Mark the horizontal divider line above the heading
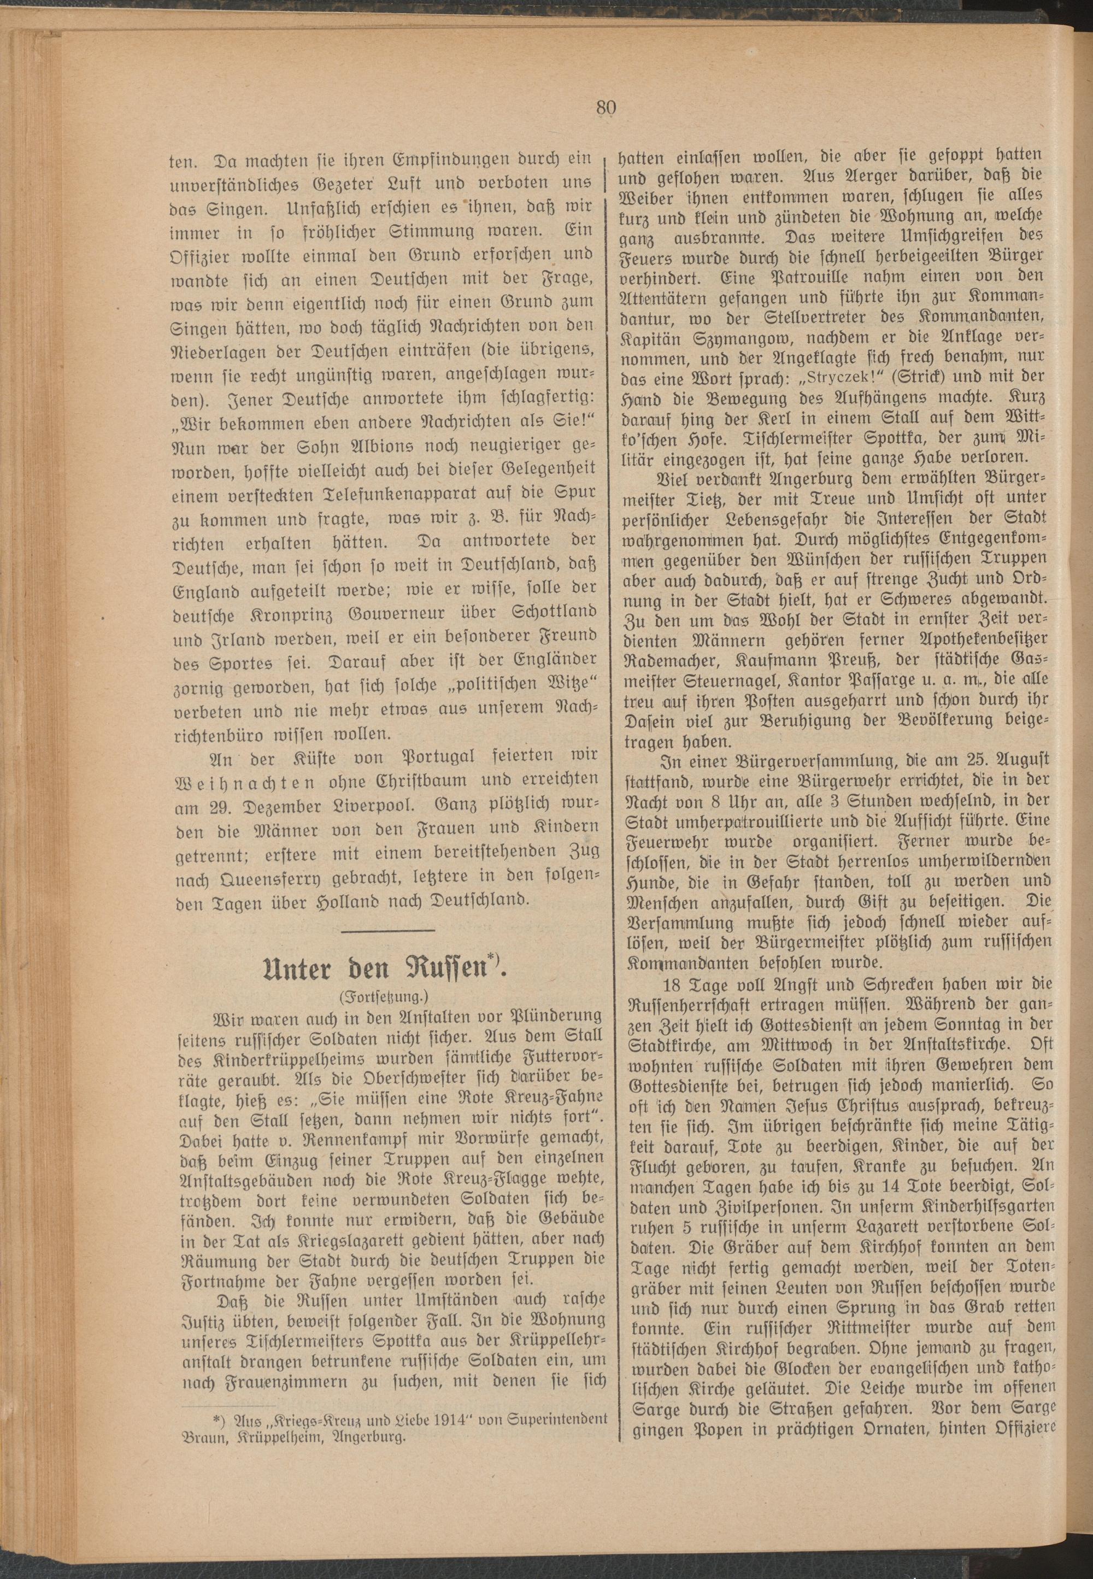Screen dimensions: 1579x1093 [x=387, y=930]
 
